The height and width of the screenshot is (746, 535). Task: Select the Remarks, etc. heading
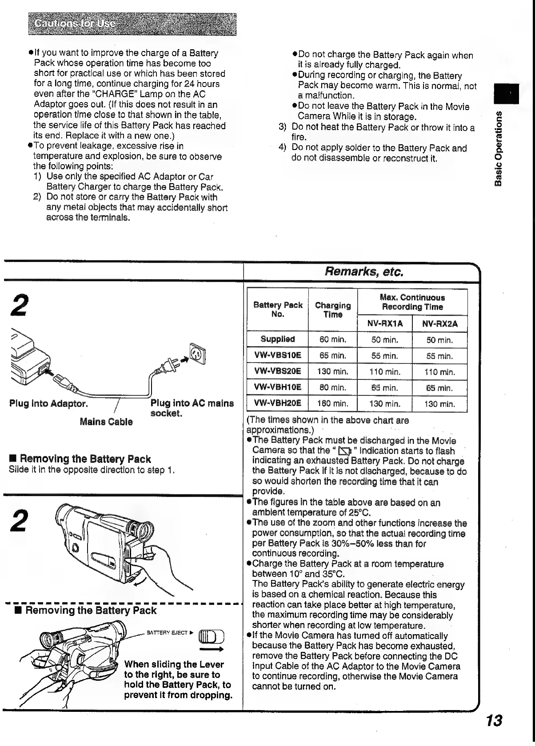(364, 271)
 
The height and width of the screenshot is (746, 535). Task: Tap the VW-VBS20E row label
(277, 371)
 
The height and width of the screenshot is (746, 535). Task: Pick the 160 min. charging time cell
(332, 404)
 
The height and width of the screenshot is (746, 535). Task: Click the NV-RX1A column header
(385, 323)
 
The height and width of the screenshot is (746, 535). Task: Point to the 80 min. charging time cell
(332, 387)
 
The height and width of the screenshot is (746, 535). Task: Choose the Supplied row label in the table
(277, 339)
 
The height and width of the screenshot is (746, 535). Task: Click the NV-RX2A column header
(439, 323)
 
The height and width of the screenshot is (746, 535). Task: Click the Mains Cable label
(106, 422)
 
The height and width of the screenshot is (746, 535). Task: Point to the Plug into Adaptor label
(48, 404)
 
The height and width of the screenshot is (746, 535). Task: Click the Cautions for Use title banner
(132, 24)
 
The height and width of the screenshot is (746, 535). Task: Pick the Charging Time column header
(332, 310)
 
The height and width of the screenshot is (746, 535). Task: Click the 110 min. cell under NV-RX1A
(385, 372)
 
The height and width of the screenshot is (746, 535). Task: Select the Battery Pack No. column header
(277, 309)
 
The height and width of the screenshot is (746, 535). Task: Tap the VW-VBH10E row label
(277, 387)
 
